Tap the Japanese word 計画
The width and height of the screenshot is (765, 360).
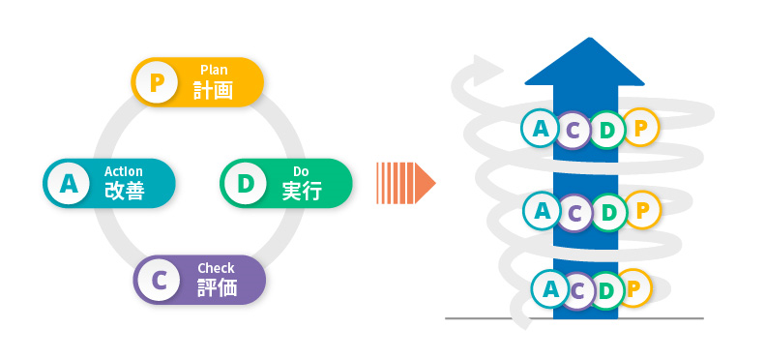click(213, 90)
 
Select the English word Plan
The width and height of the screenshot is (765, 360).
click(213, 70)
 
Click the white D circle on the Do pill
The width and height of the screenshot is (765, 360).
click(245, 183)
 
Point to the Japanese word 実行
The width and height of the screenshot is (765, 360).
click(302, 191)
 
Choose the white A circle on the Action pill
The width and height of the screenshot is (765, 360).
click(69, 183)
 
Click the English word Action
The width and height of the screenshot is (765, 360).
click(124, 171)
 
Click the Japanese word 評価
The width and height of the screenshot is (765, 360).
click(217, 287)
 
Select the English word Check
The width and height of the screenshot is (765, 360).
click(216, 268)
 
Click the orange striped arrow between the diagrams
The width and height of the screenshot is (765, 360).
click(404, 182)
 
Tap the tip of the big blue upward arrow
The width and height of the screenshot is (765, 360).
click(583, 45)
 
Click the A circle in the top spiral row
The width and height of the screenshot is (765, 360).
click(540, 126)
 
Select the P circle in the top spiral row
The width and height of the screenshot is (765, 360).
click(640, 126)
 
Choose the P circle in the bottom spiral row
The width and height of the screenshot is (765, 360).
click(634, 287)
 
